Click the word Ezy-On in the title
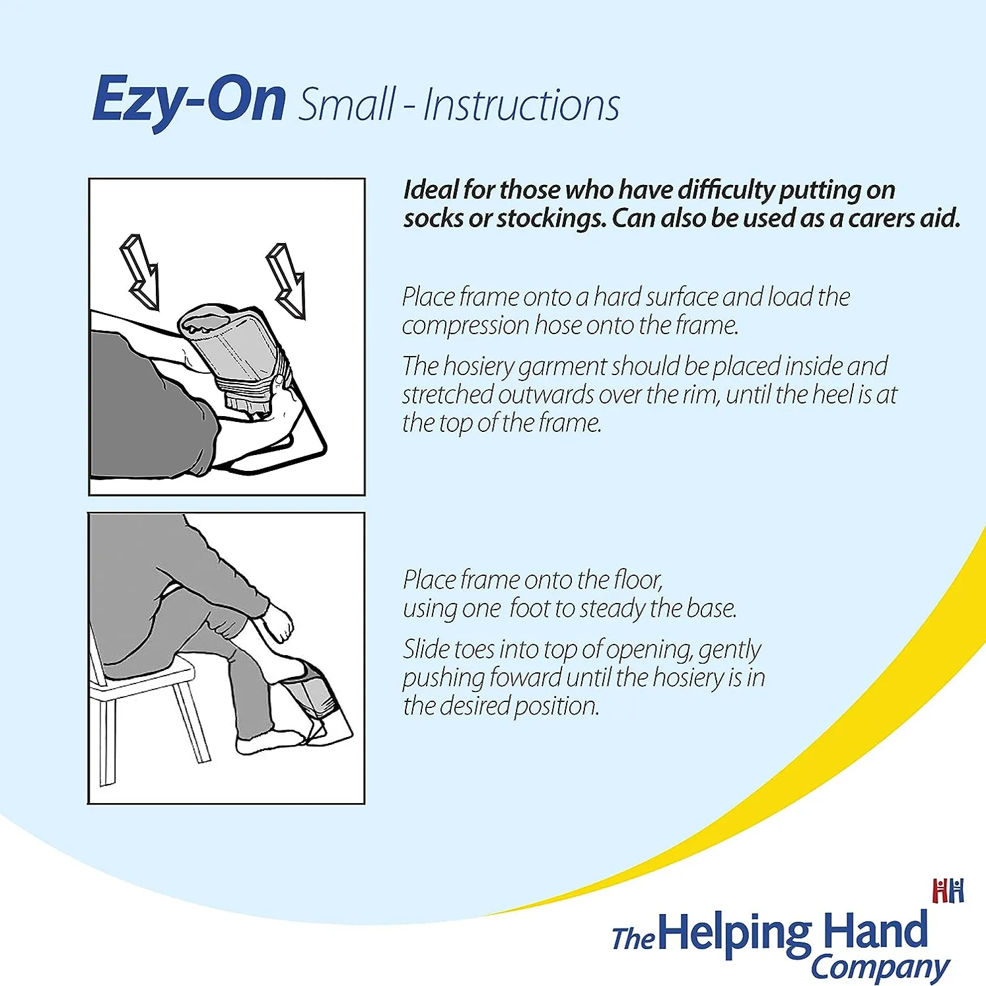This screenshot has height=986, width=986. pyautogui.click(x=189, y=100)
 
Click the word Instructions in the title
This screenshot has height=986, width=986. pyautogui.click(x=521, y=105)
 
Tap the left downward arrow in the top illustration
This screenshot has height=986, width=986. pyautogui.click(x=140, y=271)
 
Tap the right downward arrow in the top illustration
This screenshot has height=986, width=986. pyautogui.click(x=286, y=280)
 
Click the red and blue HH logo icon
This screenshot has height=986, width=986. pyautogui.click(x=948, y=890)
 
